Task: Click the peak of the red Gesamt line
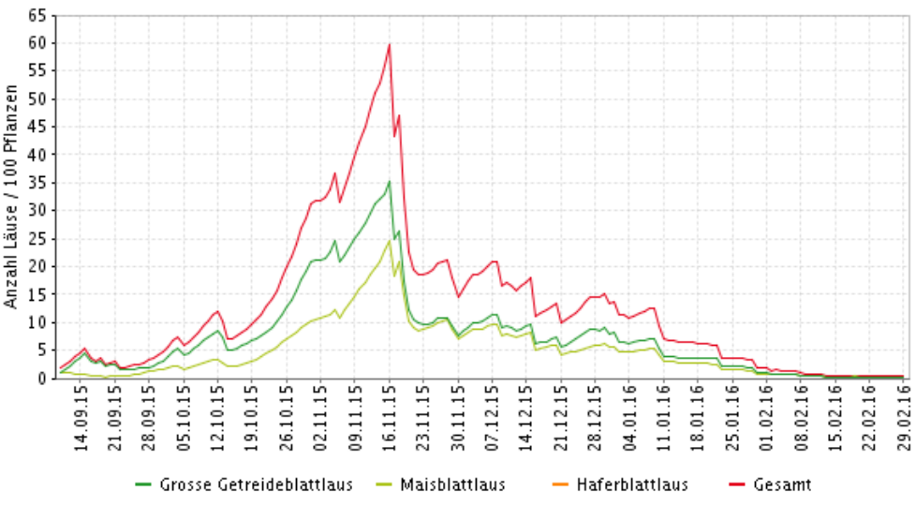pyautogui.click(x=390, y=44)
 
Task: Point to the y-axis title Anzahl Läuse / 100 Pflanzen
pyautogui.click(x=11, y=198)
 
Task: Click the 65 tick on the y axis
pyautogui.click(x=37, y=16)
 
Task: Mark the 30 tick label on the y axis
pyautogui.click(x=37, y=211)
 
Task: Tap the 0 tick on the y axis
pyautogui.click(x=41, y=379)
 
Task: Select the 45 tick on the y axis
pyautogui.click(x=37, y=127)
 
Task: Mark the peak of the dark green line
pyautogui.click(x=390, y=181)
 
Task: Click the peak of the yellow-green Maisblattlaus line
pyautogui.click(x=390, y=240)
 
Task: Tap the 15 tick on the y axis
pyautogui.click(x=37, y=295)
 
